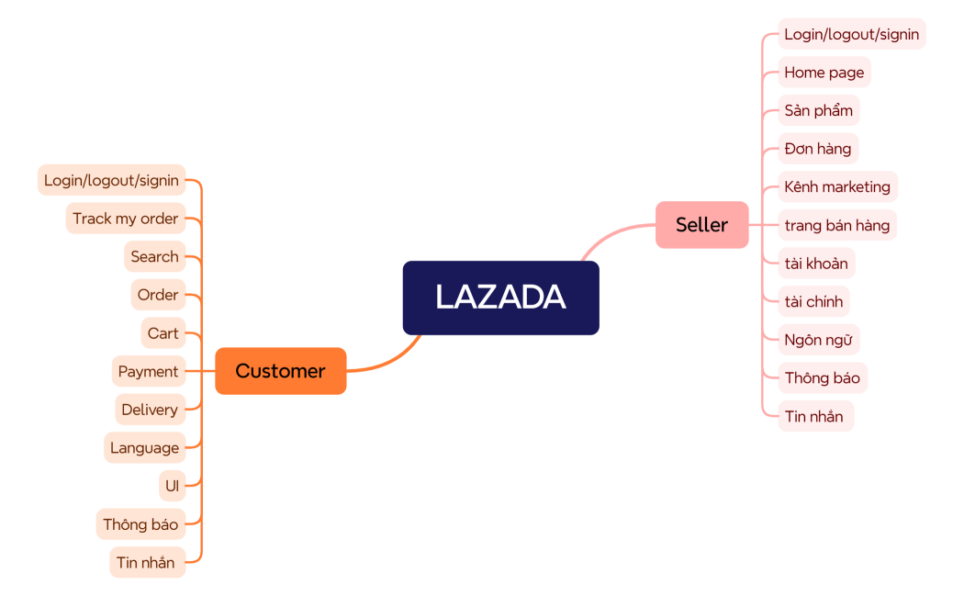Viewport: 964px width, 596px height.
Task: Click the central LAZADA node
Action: [x=500, y=298]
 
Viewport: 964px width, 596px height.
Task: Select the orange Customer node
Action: [x=280, y=371]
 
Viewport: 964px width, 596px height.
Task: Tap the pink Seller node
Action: [x=701, y=225]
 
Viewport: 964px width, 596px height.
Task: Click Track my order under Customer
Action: [x=125, y=219]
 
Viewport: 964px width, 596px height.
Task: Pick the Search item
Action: [x=154, y=256]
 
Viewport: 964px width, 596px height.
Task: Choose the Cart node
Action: [x=163, y=333]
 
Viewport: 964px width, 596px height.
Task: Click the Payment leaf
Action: [x=148, y=372]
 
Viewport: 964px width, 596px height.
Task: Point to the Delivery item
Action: [x=150, y=410]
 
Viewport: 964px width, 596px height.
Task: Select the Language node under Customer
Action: [x=144, y=448]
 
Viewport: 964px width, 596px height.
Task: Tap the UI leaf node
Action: [x=172, y=486]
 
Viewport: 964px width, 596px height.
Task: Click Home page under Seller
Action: [x=824, y=73]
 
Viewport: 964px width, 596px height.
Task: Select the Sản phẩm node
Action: [x=818, y=110]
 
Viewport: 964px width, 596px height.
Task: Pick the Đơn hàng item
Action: [x=817, y=149]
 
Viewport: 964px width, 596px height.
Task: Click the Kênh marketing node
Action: [x=837, y=187]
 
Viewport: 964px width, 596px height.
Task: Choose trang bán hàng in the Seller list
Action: [x=836, y=225]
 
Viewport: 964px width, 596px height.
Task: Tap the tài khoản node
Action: [x=816, y=264]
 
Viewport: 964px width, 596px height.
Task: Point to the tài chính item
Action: [x=813, y=301]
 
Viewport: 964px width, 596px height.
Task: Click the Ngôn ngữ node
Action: [x=818, y=340]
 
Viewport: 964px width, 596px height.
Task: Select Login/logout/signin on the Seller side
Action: [x=851, y=34]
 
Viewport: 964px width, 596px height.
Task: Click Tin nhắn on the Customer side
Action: [x=146, y=563]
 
